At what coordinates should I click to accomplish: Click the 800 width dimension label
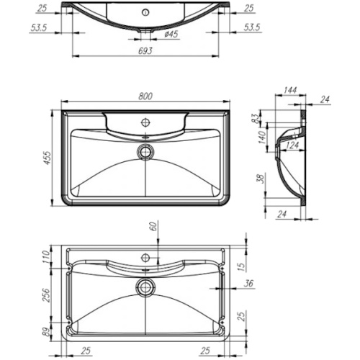tap(145, 96)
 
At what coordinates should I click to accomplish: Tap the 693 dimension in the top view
tap(145, 51)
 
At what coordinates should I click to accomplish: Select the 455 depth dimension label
tap(48, 158)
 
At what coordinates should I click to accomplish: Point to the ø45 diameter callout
tap(171, 35)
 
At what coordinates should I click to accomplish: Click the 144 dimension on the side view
tap(290, 90)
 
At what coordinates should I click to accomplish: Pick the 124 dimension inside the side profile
tap(292, 145)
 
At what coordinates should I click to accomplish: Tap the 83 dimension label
tap(256, 118)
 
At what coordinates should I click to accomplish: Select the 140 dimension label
tap(262, 138)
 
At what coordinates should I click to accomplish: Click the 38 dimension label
tap(261, 179)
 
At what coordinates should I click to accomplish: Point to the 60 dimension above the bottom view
tap(154, 226)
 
